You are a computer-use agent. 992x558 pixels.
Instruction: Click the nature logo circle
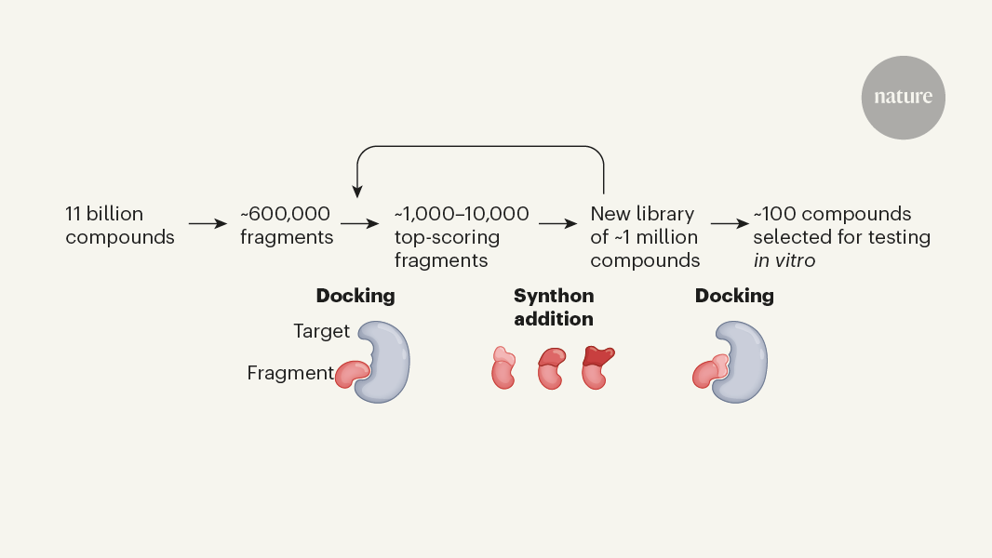coord(903,98)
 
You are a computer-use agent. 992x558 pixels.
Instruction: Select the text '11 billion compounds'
coord(120,225)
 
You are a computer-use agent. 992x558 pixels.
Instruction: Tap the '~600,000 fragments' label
coord(287,225)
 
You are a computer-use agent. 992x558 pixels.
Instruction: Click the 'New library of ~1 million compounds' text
coord(645,236)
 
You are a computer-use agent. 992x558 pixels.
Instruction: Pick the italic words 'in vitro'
coord(784,260)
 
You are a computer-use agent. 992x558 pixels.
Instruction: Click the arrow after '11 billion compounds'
coord(208,224)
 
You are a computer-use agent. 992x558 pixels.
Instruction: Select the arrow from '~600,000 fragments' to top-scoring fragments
coord(359,224)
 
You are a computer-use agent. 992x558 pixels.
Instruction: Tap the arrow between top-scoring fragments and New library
coord(557,224)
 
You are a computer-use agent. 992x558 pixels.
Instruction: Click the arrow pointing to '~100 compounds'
coord(731,224)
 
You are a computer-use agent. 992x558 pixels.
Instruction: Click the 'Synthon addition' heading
coord(554,307)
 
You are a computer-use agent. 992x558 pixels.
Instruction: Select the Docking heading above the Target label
coord(355,296)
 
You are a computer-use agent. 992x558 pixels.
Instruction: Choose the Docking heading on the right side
coord(734,296)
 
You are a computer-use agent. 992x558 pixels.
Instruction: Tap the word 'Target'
coord(321,331)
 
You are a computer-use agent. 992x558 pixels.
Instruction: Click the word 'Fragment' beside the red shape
coord(289,373)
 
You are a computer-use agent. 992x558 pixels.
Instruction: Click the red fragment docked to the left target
coord(353,374)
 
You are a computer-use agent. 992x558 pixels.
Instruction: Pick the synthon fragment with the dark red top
coord(597,367)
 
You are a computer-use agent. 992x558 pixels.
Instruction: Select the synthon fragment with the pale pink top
coord(503,368)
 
